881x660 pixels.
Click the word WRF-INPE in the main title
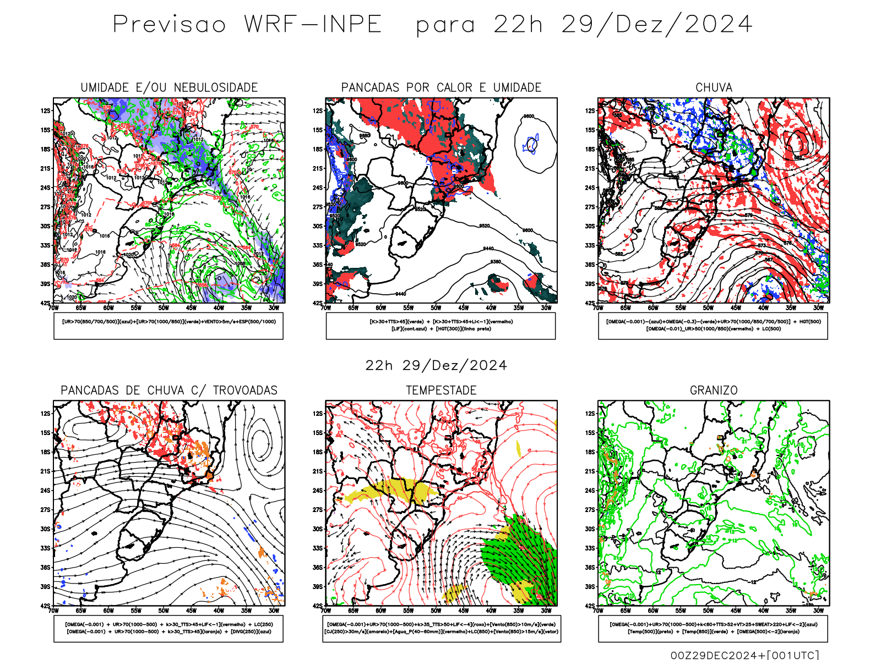[x=313, y=25]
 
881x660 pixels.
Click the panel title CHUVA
[x=714, y=87]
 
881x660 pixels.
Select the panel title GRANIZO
[x=714, y=391]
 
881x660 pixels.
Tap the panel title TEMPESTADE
[x=441, y=391]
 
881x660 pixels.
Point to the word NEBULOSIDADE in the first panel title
[x=215, y=87]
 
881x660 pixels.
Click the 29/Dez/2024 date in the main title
[x=656, y=25]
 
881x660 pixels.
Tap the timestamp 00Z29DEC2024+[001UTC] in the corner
[x=744, y=655]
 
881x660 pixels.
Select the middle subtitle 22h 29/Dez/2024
[x=436, y=366]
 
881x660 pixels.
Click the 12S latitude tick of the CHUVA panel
[x=590, y=111]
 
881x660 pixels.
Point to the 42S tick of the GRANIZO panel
[x=590, y=606]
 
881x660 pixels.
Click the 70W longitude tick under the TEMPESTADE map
[x=326, y=610]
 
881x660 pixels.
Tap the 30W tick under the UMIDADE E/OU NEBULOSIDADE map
[x=274, y=308]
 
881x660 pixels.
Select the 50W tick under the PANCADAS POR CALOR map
[x=436, y=308]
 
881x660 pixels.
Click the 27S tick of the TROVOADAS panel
[x=45, y=510]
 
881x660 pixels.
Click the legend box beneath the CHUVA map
[x=713, y=326]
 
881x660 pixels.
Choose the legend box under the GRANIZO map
[x=713, y=628]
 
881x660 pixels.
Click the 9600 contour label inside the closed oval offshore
[x=529, y=117]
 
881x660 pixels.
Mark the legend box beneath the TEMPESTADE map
[x=442, y=628]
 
